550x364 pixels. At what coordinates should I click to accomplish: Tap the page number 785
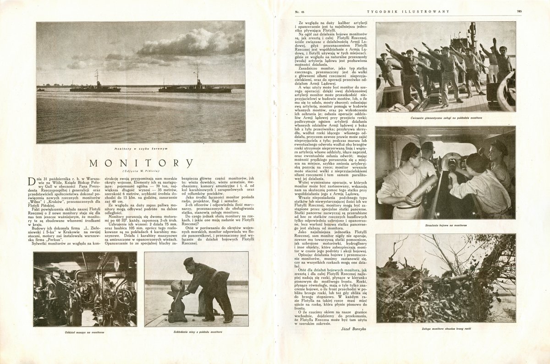point(519,11)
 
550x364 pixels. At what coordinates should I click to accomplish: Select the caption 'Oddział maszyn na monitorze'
point(85,331)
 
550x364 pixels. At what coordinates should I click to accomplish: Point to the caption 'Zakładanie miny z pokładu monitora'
point(196,331)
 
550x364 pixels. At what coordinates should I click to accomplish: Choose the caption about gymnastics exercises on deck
point(445,118)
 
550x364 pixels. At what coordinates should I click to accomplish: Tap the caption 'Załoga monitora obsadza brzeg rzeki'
point(445,329)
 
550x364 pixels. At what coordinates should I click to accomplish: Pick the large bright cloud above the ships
point(183,43)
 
